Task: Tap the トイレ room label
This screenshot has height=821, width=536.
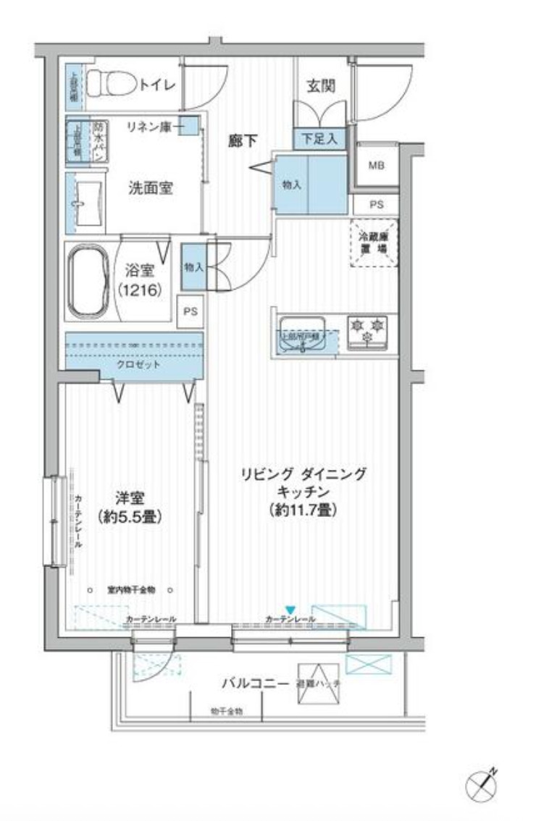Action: coord(157,85)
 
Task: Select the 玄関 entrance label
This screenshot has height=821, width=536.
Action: coord(319,86)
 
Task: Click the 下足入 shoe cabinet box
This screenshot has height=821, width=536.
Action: coord(319,138)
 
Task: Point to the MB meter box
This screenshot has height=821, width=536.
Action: coord(376,165)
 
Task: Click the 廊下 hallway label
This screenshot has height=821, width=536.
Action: coord(242,141)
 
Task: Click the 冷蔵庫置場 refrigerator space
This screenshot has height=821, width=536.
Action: coord(374,243)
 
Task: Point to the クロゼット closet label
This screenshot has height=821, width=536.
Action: coord(139,364)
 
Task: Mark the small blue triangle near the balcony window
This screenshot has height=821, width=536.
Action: coord(290,610)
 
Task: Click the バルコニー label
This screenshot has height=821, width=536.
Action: coord(250,683)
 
